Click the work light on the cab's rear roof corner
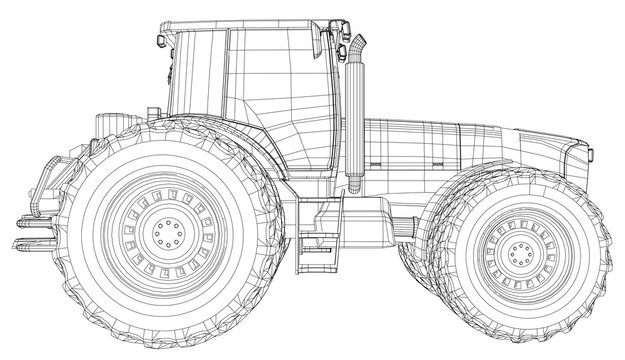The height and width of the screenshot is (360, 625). [x=163, y=39]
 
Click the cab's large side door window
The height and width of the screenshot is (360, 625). [x=270, y=85]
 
